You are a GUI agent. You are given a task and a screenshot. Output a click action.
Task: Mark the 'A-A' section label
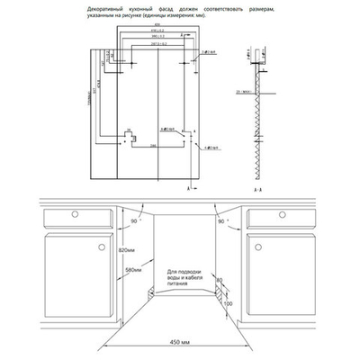tap(257, 191)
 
